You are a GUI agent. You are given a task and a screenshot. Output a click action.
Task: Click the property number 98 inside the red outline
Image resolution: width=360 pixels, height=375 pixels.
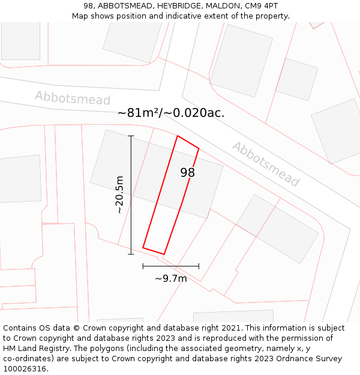pos(188,173)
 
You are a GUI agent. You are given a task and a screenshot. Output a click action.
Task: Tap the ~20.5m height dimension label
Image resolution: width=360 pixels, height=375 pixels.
pos(119,194)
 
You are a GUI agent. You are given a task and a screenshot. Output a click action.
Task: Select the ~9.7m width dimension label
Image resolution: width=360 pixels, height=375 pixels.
pos(171,278)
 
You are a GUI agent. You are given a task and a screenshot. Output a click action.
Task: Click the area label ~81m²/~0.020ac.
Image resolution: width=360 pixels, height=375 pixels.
pos(171,113)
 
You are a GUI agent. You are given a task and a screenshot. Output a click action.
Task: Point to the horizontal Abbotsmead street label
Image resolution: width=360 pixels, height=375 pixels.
pos(73,98)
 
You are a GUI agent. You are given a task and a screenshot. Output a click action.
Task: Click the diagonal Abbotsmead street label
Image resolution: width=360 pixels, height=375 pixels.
pos(265,164)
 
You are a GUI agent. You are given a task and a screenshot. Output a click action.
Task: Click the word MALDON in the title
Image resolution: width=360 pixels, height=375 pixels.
pos(223,5)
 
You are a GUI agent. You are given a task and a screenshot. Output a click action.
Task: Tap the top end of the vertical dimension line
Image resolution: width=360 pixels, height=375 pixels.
pos(131,136)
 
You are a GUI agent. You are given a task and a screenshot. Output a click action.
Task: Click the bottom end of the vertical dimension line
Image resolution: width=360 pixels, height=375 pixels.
pos(131,254)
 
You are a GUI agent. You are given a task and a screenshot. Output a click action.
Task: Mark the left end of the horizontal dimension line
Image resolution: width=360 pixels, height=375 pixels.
pos(143,266)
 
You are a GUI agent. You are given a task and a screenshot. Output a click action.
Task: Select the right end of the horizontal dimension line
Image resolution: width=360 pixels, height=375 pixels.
pos(199,266)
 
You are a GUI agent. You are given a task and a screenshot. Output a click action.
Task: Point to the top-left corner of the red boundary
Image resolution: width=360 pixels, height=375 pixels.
pos(177,136)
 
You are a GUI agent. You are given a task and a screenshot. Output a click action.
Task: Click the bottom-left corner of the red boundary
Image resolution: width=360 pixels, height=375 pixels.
pos(143,247)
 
